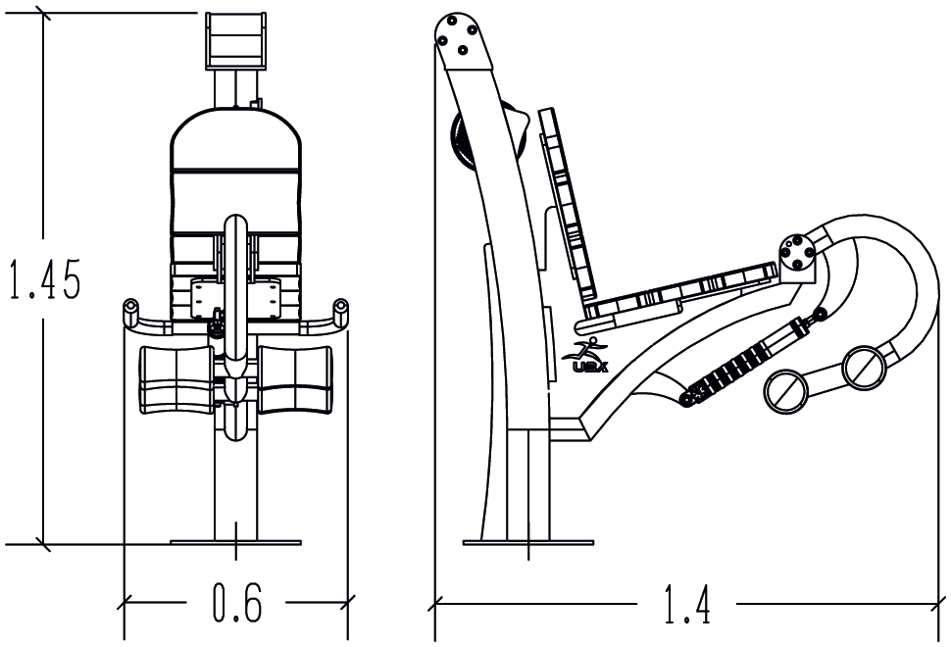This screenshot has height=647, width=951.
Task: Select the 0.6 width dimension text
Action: pyautogui.click(x=237, y=606)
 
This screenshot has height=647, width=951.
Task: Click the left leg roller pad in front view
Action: pyautogui.click(x=175, y=378)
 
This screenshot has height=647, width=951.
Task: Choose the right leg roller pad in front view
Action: pyautogui.click(x=294, y=378)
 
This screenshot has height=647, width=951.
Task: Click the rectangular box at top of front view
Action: pyautogui.click(x=236, y=40)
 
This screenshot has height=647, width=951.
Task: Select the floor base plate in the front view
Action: pyautogui.click(x=236, y=540)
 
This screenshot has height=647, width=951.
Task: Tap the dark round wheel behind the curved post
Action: pyautogui.click(x=462, y=143)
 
